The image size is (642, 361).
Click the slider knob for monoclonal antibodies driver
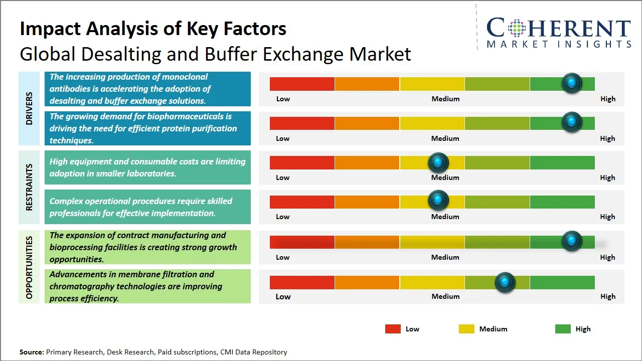[571, 83]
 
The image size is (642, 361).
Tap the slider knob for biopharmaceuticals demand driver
[571, 122]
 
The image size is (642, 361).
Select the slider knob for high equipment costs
[438, 162]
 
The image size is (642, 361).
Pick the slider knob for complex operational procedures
[438, 201]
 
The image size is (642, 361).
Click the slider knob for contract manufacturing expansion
[571, 241]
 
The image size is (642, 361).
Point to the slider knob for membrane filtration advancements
[505, 282]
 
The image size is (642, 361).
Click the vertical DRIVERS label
[29, 108]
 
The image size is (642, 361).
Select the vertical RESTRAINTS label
[29, 187]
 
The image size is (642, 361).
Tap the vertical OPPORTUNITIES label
[29, 267]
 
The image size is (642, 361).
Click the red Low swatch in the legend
[393, 329]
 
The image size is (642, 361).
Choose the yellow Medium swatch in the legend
[466, 329]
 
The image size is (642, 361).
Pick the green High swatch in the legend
[563, 329]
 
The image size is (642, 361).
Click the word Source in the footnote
[32, 352]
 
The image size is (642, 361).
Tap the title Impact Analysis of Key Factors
[153, 29]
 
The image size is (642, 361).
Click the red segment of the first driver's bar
[302, 84]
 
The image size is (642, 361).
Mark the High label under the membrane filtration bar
[607, 296]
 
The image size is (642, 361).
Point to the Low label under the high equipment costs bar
[283, 177]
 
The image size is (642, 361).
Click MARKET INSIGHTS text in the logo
[559, 44]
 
